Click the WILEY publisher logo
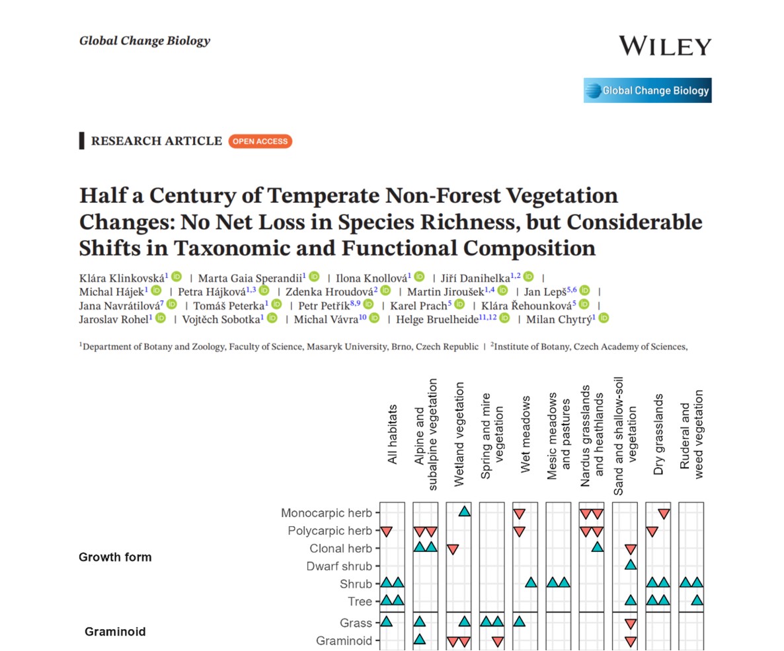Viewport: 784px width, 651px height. point(664,46)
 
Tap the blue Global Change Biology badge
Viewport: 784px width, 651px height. point(647,91)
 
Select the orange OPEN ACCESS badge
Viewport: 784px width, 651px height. point(260,141)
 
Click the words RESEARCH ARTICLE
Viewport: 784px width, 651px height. point(156,141)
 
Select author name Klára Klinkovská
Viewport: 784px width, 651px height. point(122,277)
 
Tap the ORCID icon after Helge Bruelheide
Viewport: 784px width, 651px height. point(504,318)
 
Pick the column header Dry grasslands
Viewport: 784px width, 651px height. point(658,434)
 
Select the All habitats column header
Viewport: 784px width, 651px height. point(393,434)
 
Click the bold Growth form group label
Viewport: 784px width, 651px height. point(115,557)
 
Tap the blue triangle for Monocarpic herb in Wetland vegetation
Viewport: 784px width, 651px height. point(464,512)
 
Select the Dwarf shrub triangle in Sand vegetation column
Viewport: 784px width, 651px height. point(631,565)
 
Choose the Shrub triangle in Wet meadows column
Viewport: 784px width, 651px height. point(531,582)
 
